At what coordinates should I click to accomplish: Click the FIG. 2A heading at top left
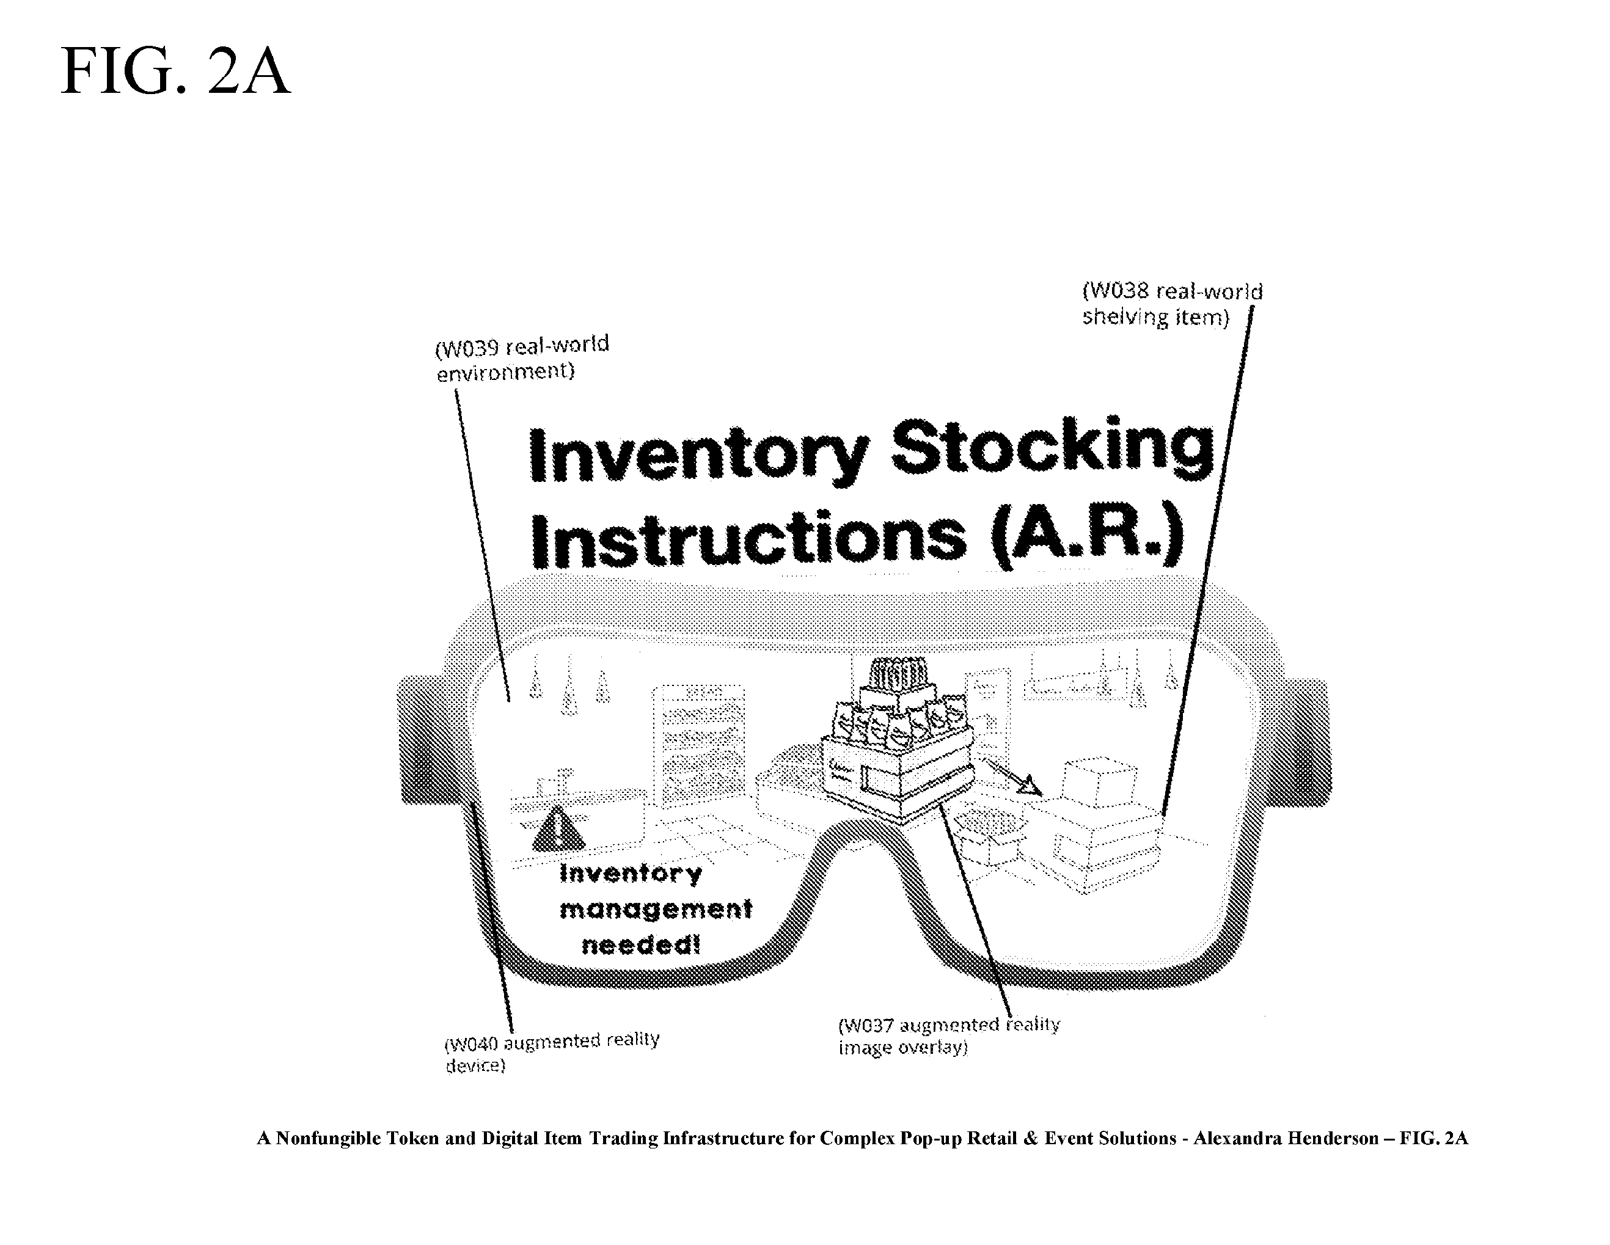pyautogui.click(x=175, y=71)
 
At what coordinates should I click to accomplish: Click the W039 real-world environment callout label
pyautogui.click(x=522, y=357)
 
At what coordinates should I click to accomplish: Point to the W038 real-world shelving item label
pyautogui.click(x=1172, y=304)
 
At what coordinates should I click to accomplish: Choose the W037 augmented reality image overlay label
pyautogui.click(x=949, y=1035)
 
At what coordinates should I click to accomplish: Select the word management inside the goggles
pyautogui.click(x=656, y=910)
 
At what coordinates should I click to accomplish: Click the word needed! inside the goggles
pyautogui.click(x=640, y=944)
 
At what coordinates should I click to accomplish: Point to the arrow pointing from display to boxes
pyautogui.click(x=1013, y=778)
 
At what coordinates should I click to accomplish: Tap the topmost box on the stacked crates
pyautogui.click(x=1097, y=781)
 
